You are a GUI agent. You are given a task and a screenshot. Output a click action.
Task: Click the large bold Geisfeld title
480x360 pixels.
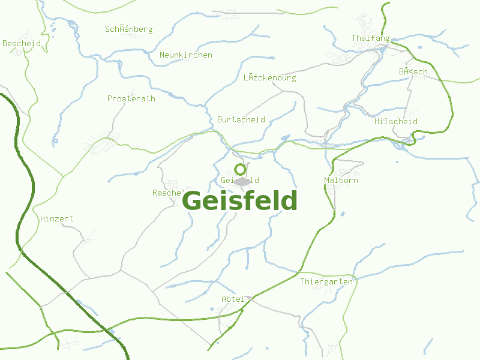239,200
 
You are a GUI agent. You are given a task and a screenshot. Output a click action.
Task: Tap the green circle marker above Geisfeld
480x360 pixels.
240,169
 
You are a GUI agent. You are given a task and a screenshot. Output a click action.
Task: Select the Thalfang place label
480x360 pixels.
370,38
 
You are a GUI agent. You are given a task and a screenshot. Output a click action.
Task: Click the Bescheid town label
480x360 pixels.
22,43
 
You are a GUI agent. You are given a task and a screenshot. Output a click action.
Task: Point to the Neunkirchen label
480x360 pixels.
185,55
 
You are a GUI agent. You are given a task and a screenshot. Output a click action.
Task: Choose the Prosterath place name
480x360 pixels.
131,98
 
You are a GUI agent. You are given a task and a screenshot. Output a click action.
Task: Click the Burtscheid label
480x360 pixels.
241,119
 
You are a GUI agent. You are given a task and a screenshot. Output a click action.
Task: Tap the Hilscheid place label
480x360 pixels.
395,121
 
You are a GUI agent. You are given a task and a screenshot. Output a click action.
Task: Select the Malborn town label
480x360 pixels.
341,180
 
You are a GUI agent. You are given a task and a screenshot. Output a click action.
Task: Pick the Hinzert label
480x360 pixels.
56,218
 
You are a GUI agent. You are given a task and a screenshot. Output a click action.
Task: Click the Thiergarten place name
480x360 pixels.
326,281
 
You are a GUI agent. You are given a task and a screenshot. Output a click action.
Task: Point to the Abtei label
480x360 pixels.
233,299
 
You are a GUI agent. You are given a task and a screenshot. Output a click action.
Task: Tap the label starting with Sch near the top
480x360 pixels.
128,29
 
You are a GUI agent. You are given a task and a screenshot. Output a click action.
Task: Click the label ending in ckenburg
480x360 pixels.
269,78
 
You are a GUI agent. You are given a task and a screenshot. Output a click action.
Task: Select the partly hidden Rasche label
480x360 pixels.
167,193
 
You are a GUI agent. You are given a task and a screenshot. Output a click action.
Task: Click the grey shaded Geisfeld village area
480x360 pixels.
242,181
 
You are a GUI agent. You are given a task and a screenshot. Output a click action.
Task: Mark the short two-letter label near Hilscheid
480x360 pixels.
413,72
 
